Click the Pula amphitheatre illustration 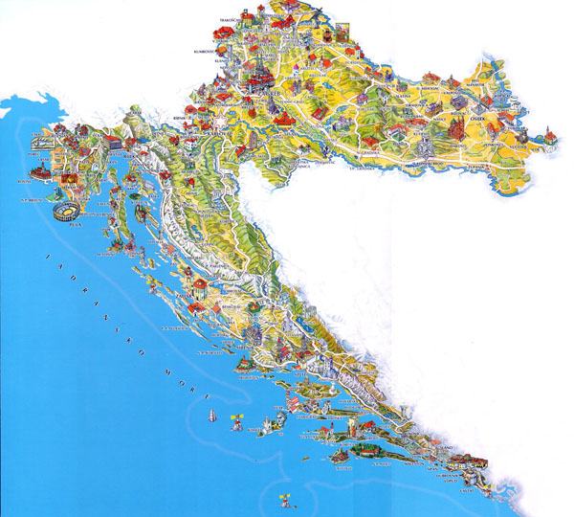66,213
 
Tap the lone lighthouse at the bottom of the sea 281,497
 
